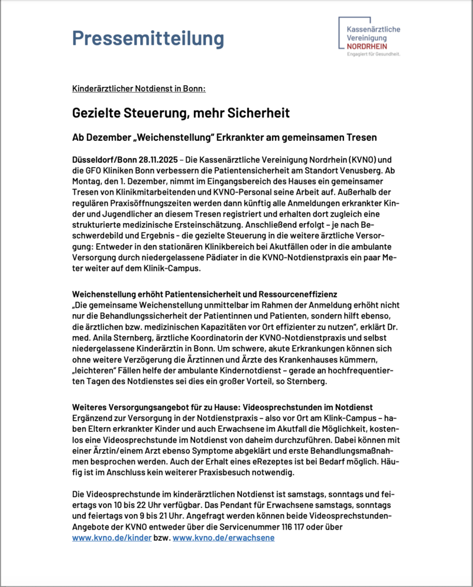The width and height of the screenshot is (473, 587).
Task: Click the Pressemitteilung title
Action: point(148,38)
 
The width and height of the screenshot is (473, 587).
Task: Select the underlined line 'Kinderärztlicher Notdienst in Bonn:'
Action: point(138,89)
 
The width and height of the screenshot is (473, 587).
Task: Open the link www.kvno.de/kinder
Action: point(112,538)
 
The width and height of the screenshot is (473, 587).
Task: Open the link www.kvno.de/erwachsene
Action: point(223,538)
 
